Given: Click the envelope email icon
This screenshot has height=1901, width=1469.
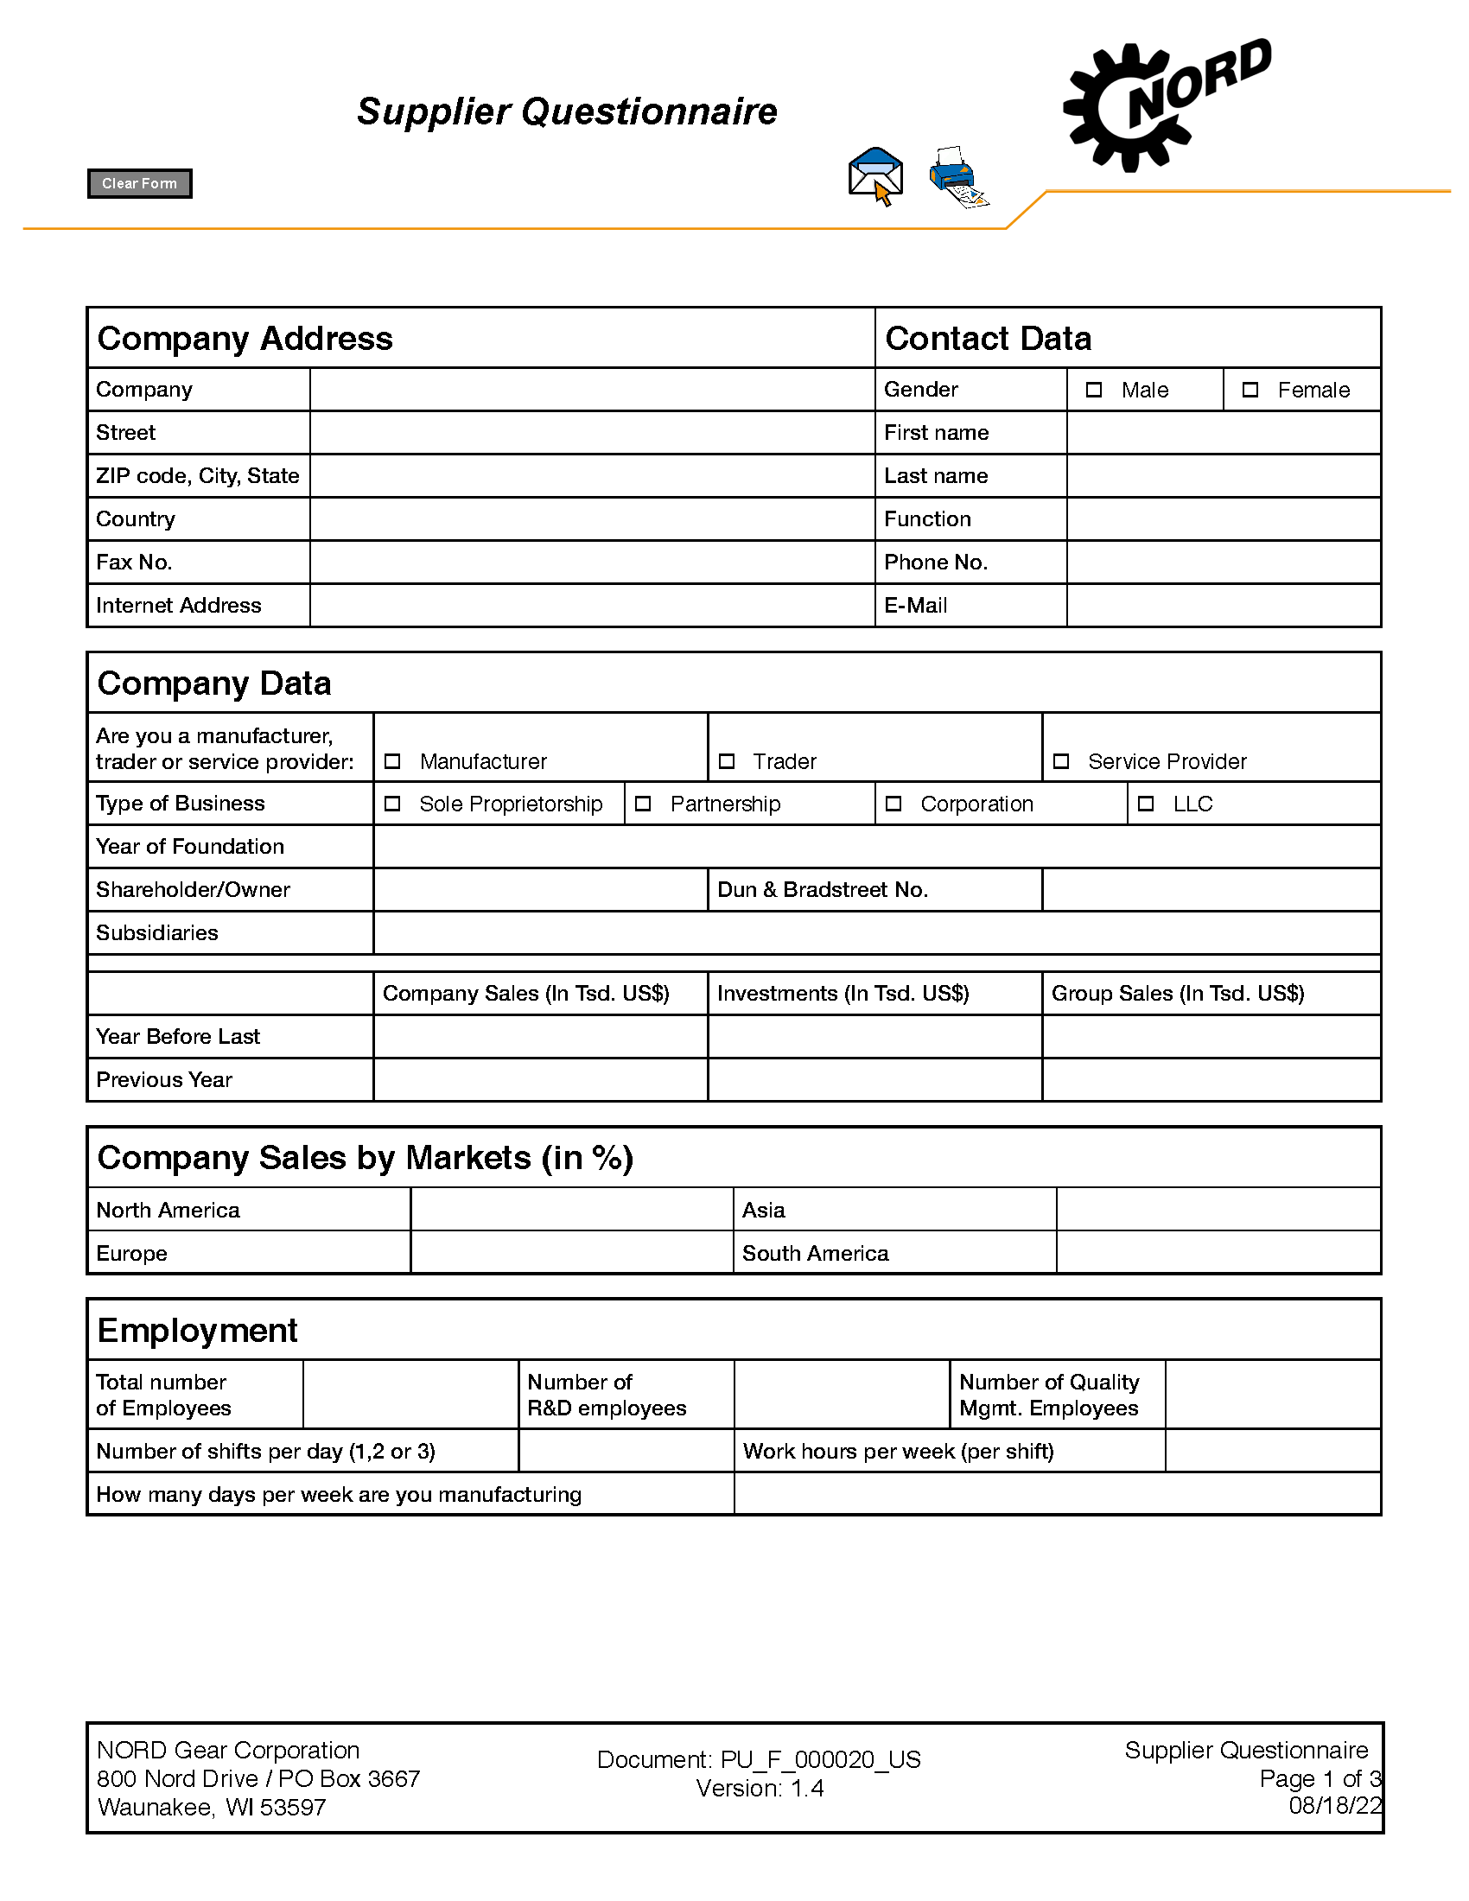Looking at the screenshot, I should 875,175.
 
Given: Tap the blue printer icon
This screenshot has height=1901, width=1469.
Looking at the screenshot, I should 957,176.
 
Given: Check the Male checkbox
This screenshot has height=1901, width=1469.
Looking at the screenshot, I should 1094,390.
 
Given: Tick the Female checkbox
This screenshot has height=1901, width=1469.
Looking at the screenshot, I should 1250,390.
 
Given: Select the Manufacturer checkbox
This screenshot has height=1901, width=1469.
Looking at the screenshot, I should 392,761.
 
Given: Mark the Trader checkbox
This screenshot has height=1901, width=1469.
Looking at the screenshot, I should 727,761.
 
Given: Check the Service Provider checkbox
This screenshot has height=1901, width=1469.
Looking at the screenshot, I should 1061,761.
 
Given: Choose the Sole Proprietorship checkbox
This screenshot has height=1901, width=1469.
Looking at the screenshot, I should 392,804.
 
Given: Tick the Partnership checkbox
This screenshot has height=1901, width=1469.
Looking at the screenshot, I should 643,804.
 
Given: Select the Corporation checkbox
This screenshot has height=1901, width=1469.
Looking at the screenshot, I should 893,804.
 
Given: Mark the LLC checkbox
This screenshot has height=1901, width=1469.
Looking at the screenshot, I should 1146,804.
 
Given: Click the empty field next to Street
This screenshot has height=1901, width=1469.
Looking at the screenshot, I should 592,433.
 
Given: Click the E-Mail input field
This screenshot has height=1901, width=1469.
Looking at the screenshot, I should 1223,605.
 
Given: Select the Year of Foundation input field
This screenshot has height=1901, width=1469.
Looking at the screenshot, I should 876,846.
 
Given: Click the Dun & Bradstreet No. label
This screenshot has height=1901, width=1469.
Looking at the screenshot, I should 823,889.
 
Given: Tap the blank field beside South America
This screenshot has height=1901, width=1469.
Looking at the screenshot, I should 1218,1253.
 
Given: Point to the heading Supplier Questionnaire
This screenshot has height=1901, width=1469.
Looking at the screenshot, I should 567,111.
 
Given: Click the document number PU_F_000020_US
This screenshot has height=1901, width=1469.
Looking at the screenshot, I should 820,1759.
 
